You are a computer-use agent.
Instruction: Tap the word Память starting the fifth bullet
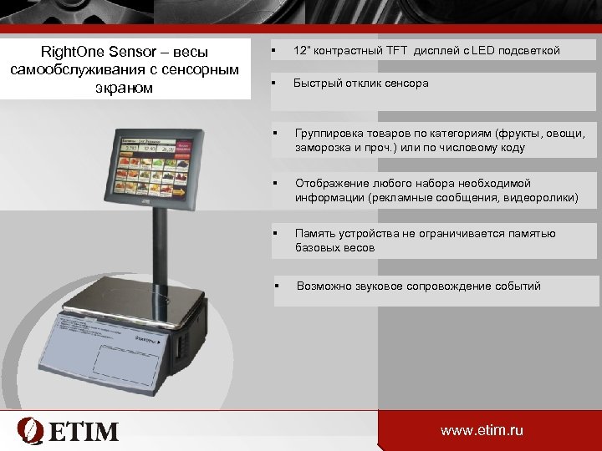click(x=317, y=234)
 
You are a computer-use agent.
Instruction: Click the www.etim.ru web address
click(x=482, y=431)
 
